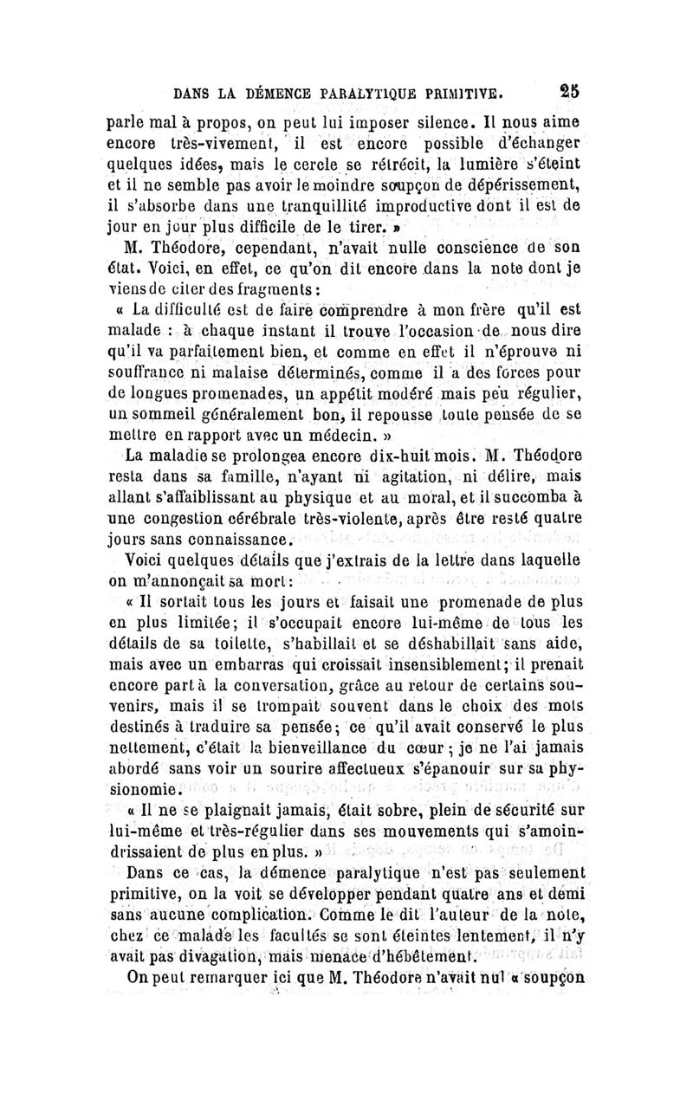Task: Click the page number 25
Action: pos(569,90)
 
